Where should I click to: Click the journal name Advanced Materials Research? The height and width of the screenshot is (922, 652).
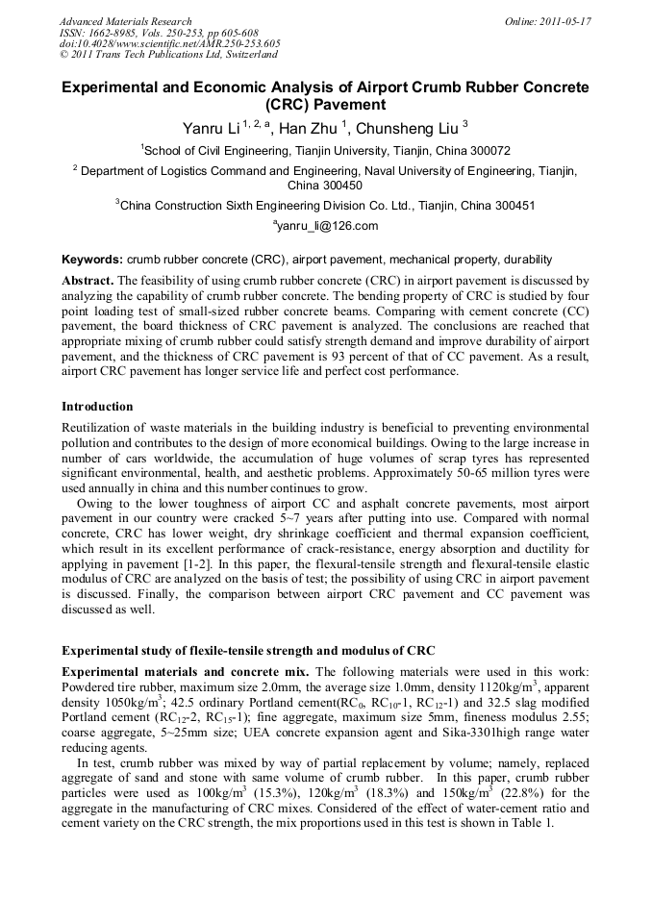(x=125, y=20)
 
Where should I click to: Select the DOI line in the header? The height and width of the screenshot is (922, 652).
(x=170, y=43)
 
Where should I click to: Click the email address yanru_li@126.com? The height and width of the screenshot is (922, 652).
(x=326, y=226)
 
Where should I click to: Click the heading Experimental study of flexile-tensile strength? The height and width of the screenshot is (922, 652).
(x=248, y=651)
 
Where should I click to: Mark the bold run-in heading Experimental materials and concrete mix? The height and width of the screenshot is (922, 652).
(x=186, y=670)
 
